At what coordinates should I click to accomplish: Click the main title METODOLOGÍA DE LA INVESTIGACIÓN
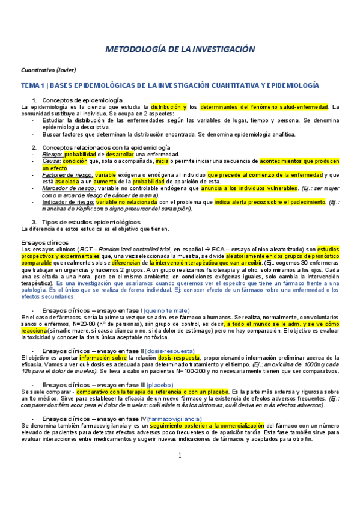pyautogui.click(x=180, y=49)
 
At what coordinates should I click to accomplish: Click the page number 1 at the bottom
pyautogui.click(x=180, y=472)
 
